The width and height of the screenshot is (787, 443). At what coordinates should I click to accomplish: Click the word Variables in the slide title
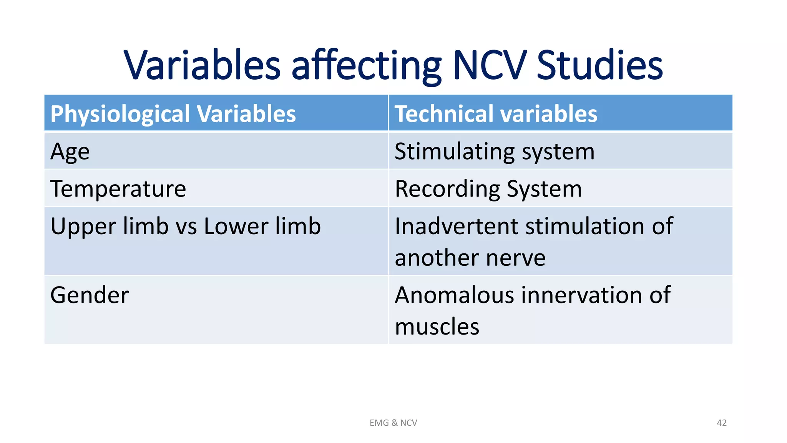click(203, 65)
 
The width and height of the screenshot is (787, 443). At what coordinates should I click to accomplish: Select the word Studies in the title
click(599, 65)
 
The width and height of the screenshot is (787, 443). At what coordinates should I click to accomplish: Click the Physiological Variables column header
click(173, 114)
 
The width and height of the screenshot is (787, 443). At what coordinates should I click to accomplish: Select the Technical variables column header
click(496, 114)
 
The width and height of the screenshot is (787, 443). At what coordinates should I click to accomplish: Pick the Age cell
click(70, 152)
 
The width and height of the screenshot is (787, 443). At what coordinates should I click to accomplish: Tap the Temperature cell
click(118, 189)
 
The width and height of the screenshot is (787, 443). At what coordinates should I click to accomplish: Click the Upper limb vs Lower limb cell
click(185, 226)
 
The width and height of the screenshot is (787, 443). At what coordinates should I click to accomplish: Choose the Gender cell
click(90, 295)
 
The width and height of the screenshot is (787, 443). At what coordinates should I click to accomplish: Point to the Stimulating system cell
click(495, 152)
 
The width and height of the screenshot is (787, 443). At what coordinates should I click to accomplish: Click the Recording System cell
click(488, 189)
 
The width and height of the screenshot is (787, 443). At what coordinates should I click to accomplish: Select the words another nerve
click(470, 258)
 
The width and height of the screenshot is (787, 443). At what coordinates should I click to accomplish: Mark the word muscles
click(437, 326)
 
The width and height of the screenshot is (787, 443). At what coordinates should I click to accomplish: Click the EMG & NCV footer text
click(393, 423)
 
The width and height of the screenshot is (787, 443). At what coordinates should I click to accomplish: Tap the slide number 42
click(721, 423)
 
